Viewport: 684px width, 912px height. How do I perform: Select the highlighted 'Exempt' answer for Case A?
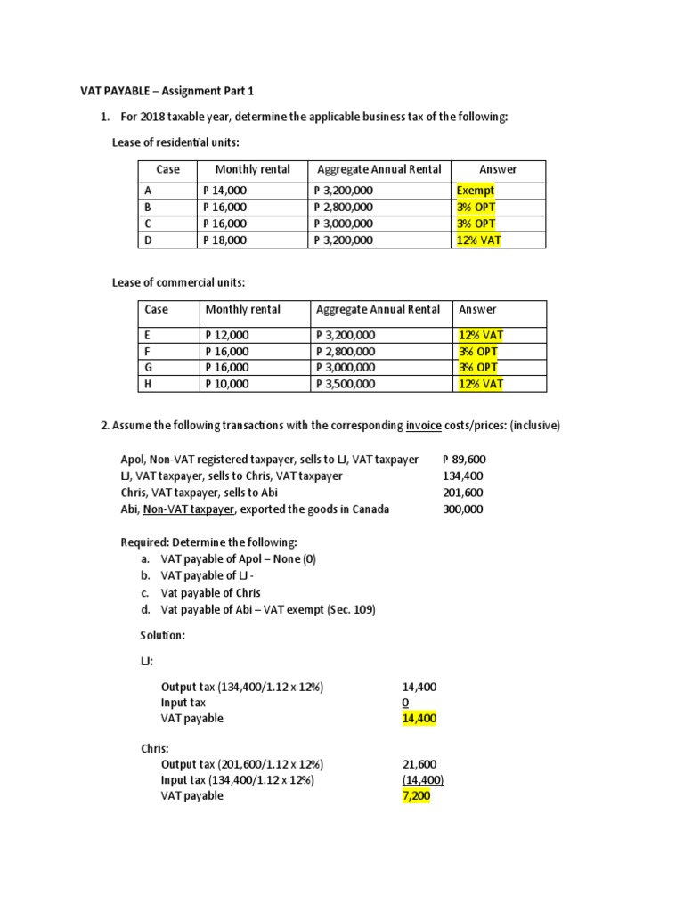pyautogui.click(x=475, y=191)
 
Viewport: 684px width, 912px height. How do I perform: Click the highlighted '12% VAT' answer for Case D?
pyautogui.click(x=478, y=240)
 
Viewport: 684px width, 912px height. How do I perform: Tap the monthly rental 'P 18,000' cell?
pyautogui.click(x=225, y=240)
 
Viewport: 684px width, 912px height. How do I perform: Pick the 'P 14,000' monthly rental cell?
pyautogui.click(x=225, y=191)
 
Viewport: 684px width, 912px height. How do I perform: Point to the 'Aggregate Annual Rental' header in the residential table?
pyautogui.click(x=377, y=169)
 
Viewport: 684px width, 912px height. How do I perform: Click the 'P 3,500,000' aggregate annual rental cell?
pyautogui.click(x=346, y=384)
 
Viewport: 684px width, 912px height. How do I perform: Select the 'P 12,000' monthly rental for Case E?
pyautogui.click(x=227, y=335)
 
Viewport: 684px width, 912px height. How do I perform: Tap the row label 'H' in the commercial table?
pyautogui.click(x=148, y=384)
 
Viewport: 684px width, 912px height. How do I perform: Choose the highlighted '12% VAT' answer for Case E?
pyautogui.click(x=481, y=335)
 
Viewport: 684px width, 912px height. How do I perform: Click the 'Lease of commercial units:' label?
pyautogui.click(x=178, y=282)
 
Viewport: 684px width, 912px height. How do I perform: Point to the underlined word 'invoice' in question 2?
pyautogui.click(x=425, y=426)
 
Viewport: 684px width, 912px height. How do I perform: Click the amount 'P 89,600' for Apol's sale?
pyautogui.click(x=464, y=460)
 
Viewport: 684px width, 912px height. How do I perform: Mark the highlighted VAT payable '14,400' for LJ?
pyautogui.click(x=419, y=718)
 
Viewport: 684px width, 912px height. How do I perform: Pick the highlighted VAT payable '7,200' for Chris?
pyautogui.click(x=415, y=795)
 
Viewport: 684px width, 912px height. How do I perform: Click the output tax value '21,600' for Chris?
pyautogui.click(x=419, y=764)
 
